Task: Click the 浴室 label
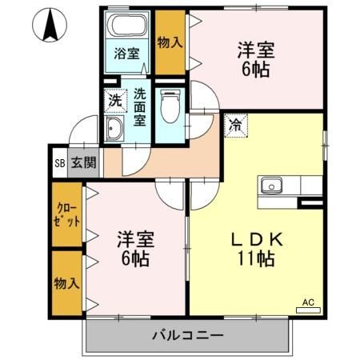pos(126,54)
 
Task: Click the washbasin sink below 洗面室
pos(114,130)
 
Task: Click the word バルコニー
pos(187,335)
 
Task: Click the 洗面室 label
pos(139,106)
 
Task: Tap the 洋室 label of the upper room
pos(256,50)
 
